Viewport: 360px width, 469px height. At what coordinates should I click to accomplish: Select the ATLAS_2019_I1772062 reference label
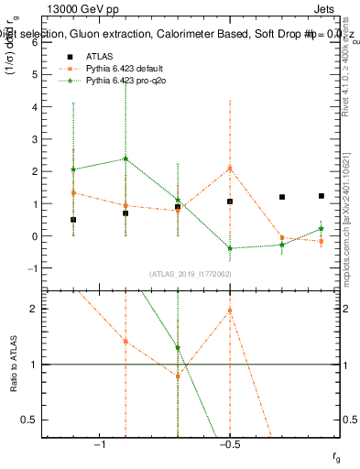[191, 273]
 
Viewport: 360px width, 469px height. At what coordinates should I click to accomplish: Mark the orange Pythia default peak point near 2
[230, 169]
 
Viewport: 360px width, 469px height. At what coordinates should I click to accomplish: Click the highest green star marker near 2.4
[125, 158]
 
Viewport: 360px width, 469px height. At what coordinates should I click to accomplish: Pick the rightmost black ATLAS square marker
[322, 196]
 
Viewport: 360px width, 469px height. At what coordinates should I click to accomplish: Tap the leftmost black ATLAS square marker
[73, 220]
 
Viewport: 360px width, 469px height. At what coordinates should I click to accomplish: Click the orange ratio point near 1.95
[230, 311]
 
